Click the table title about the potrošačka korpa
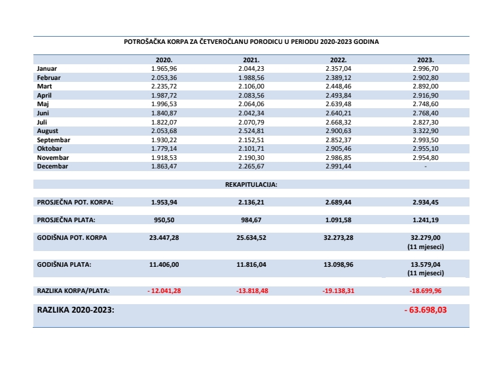click(251, 41)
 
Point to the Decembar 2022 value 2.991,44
click(339, 166)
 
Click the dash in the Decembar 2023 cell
click(426, 166)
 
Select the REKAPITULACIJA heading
click(251, 184)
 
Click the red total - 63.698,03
click(426, 309)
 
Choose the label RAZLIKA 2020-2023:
click(76, 309)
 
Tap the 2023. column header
click(426, 59)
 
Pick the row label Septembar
click(54, 140)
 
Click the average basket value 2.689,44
click(339, 202)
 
